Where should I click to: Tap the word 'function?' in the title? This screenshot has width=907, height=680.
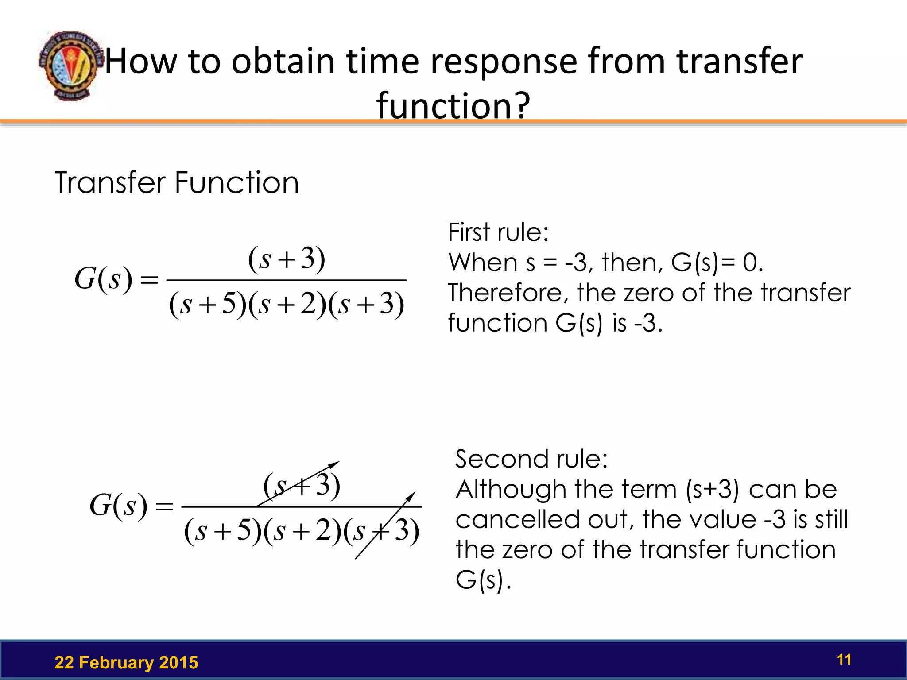[453, 105]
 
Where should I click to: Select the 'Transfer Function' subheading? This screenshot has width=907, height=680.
[177, 182]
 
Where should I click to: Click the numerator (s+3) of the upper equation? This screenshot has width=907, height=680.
[287, 259]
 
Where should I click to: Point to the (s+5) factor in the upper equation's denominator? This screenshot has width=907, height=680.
[208, 305]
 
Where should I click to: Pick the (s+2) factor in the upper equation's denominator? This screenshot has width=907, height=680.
[287, 305]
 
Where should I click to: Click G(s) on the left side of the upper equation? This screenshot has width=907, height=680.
[103, 279]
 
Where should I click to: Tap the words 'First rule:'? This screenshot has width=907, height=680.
[498, 232]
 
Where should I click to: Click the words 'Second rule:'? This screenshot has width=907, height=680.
[531, 459]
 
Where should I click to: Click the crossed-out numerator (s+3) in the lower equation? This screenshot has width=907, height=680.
[302, 486]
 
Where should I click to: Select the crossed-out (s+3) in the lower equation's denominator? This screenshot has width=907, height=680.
[381, 530]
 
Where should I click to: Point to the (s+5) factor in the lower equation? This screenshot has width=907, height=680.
[223, 530]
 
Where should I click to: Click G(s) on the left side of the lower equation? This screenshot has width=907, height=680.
[118, 506]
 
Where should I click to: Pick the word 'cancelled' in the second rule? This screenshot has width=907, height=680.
[517, 519]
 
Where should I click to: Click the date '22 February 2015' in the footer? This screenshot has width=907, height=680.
[126, 663]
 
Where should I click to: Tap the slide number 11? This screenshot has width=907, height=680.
[844, 660]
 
